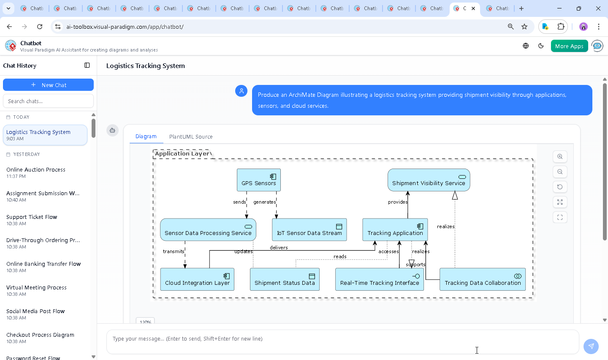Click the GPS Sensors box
[258, 180]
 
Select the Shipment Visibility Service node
[429, 180]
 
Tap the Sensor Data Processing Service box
[208, 230]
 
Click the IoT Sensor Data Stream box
[309, 230]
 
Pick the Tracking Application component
[395, 230]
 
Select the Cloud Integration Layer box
[197, 279]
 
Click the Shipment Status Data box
[285, 279]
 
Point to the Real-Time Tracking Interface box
[379, 279]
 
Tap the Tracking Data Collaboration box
[483, 279]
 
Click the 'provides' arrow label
[398, 202]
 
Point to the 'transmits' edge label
[174, 251]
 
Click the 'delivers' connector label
[279, 248]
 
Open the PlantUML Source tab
[191, 137]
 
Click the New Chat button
[48, 85]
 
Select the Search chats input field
[48, 101]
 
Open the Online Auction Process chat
[36, 172]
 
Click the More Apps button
[569, 46]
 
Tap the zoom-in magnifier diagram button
[560, 157]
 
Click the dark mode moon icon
[541, 46]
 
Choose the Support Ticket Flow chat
[32, 220]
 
